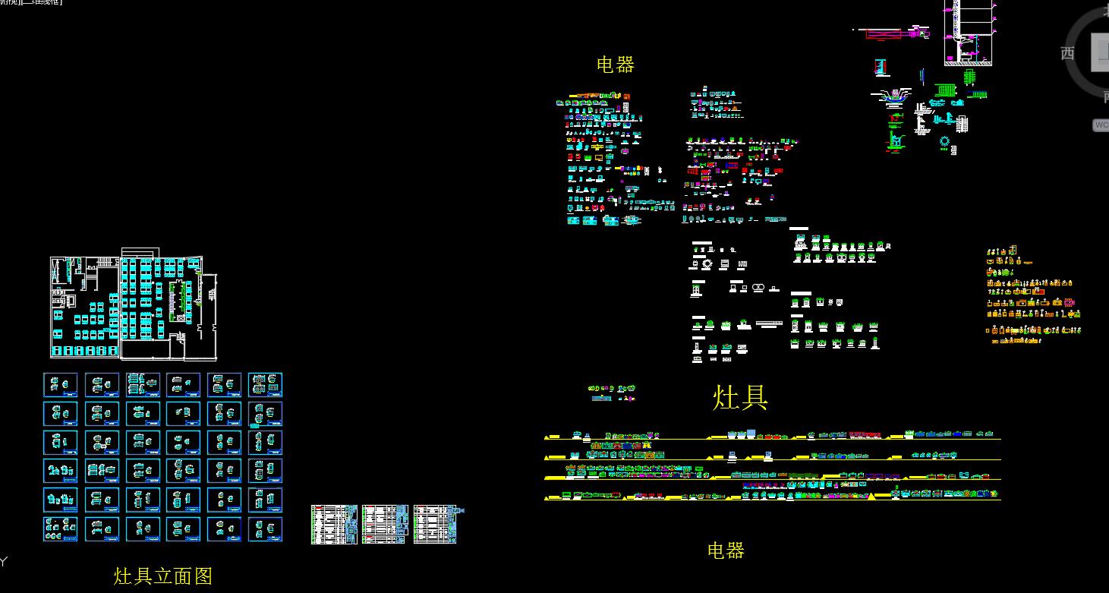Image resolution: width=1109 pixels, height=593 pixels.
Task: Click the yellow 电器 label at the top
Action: click(615, 65)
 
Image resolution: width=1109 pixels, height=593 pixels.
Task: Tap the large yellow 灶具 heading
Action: click(740, 397)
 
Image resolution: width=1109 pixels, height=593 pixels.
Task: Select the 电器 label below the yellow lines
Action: click(725, 550)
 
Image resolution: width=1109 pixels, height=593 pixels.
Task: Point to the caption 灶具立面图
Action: click(163, 576)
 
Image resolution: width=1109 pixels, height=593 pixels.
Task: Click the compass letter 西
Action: click(1067, 53)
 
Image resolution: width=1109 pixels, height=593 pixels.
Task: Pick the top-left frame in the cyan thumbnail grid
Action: click(61, 385)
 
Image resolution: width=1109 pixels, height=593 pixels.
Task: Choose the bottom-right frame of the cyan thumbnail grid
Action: click(266, 528)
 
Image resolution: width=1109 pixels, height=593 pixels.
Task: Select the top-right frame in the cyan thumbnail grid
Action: click(266, 385)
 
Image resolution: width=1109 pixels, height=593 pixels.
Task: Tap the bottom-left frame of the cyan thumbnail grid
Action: click(61, 528)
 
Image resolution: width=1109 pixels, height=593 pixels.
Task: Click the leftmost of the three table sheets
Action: click(334, 525)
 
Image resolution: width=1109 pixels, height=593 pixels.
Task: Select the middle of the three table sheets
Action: click(385, 525)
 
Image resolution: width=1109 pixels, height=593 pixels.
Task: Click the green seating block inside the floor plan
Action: click(181, 300)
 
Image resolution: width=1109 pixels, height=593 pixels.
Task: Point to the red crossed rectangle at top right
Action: click(882, 33)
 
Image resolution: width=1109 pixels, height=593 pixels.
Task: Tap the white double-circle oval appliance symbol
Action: click(758, 287)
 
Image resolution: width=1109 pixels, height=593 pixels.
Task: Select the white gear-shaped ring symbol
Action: click(707, 264)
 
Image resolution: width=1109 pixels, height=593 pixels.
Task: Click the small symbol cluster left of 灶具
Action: click(611, 393)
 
